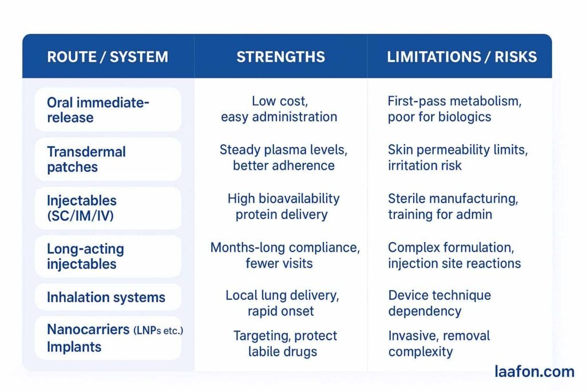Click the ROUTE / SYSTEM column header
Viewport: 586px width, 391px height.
108,57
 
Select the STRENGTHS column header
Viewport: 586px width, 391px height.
280,57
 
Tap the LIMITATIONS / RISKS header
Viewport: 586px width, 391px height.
462,57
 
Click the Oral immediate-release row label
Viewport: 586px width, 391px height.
98,110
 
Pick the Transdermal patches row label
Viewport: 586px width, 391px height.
86,159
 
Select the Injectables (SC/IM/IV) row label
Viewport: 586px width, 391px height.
82,208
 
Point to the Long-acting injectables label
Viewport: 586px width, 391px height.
85,256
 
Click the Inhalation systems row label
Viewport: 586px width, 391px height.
106,298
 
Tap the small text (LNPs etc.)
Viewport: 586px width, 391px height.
158,331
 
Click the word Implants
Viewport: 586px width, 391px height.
74,347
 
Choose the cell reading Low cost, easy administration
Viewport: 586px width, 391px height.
279,109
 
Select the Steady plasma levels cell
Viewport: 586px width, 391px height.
283,157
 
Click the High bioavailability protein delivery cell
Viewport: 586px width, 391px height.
283,207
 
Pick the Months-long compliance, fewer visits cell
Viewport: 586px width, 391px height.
284,255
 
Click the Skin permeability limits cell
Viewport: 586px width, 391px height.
458,157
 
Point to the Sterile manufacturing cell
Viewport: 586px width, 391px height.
453,207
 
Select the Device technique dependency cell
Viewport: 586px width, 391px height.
439,303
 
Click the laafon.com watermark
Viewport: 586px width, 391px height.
534,372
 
